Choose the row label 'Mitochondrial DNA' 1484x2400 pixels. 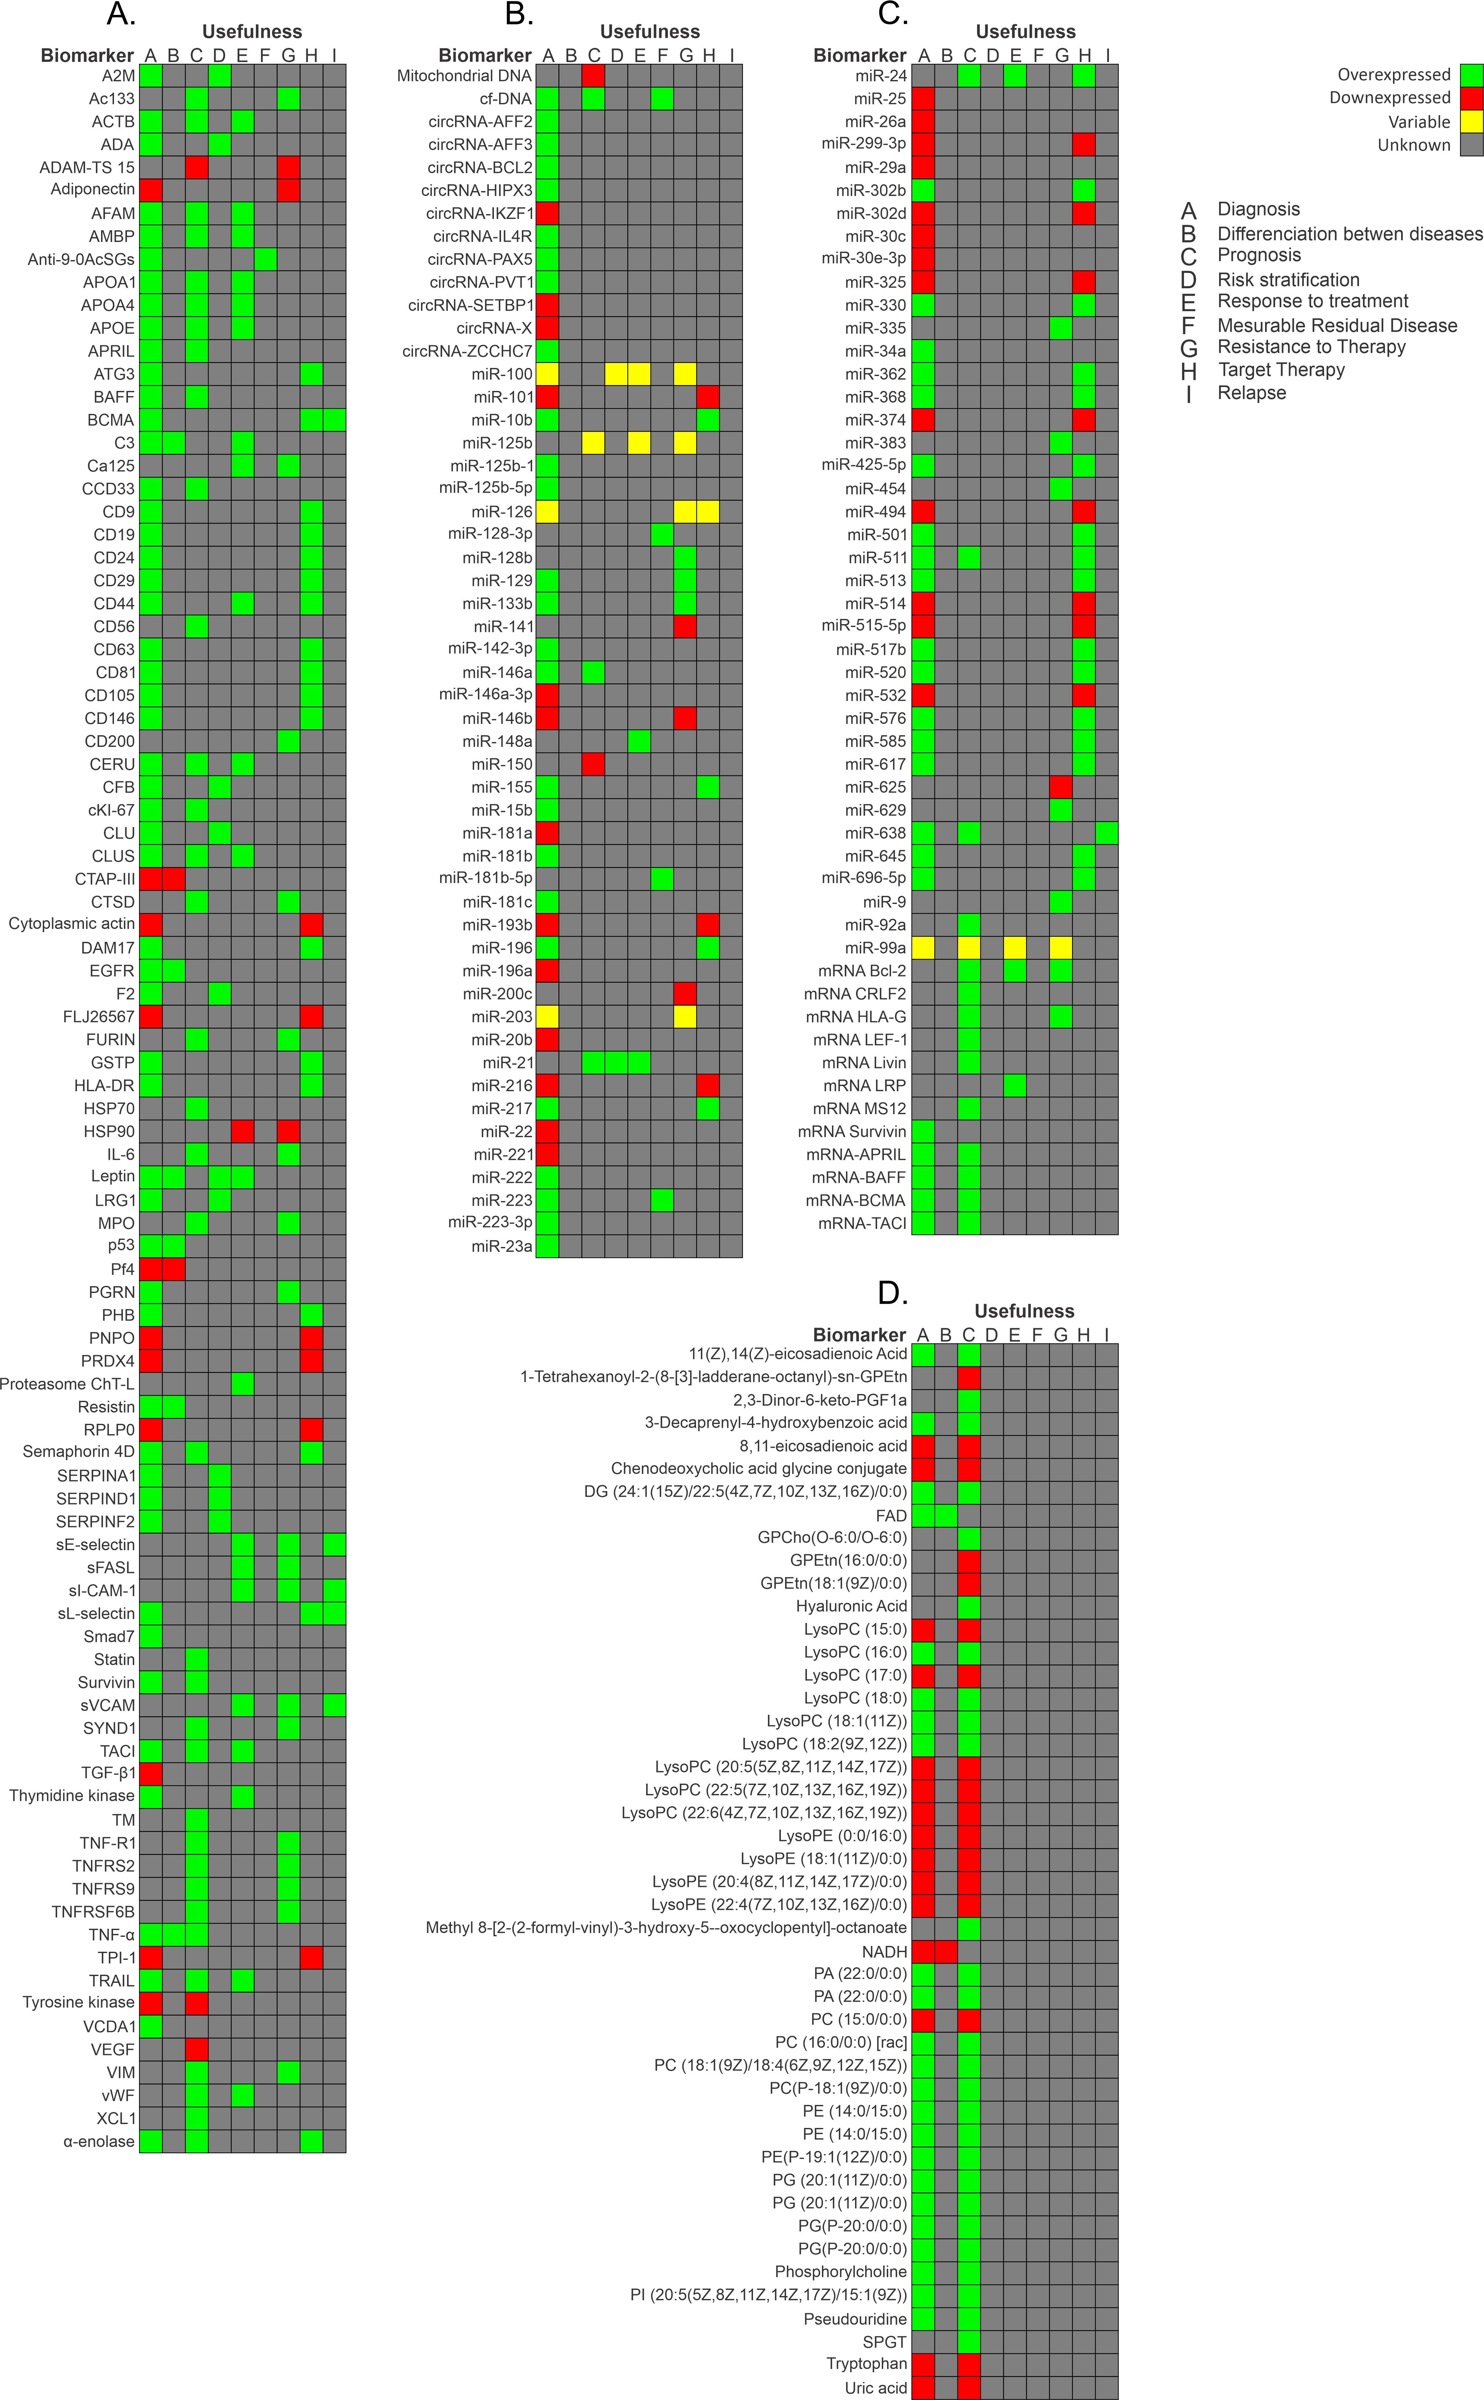click(464, 75)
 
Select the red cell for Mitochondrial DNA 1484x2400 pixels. click(593, 75)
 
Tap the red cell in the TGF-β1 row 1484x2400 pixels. click(150, 1773)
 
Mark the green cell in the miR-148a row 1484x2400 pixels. click(639, 741)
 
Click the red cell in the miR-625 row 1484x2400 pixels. click(1061, 787)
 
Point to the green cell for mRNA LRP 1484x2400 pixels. click(1015, 1085)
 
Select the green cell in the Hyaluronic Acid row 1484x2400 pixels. click(969, 1606)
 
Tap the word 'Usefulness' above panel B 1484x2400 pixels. click(650, 32)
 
